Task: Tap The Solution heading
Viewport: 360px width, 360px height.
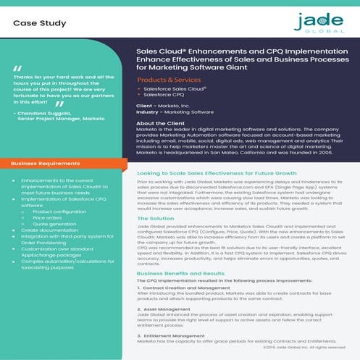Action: point(156,218)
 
